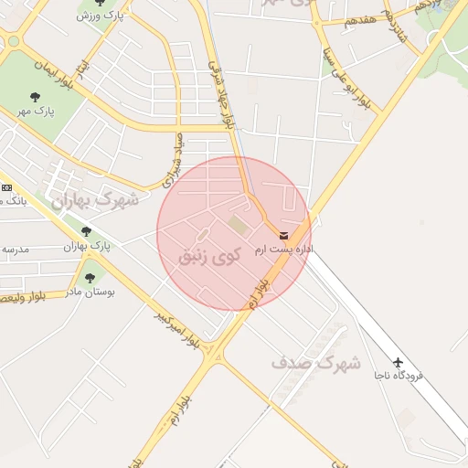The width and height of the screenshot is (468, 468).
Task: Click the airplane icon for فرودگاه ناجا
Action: click(x=398, y=362)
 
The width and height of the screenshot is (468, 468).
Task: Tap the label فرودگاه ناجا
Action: click(x=398, y=376)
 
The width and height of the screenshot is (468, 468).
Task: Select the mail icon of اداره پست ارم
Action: click(x=283, y=236)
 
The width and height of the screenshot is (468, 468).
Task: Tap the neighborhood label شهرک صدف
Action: click(x=316, y=363)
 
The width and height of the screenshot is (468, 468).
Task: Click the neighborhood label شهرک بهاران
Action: click(x=96, y=199)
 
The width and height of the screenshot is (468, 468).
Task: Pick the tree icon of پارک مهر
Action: click(x=36, y=97)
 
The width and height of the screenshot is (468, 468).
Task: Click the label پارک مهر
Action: click(x=36, y=112)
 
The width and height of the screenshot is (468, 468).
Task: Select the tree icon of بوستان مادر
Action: click(x=89, y=278)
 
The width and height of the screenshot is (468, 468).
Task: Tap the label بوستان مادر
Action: click(x=89, y=292)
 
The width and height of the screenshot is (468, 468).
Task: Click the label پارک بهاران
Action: click(x=86, y=246)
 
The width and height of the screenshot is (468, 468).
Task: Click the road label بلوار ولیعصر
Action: click(x=33, y=295)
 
